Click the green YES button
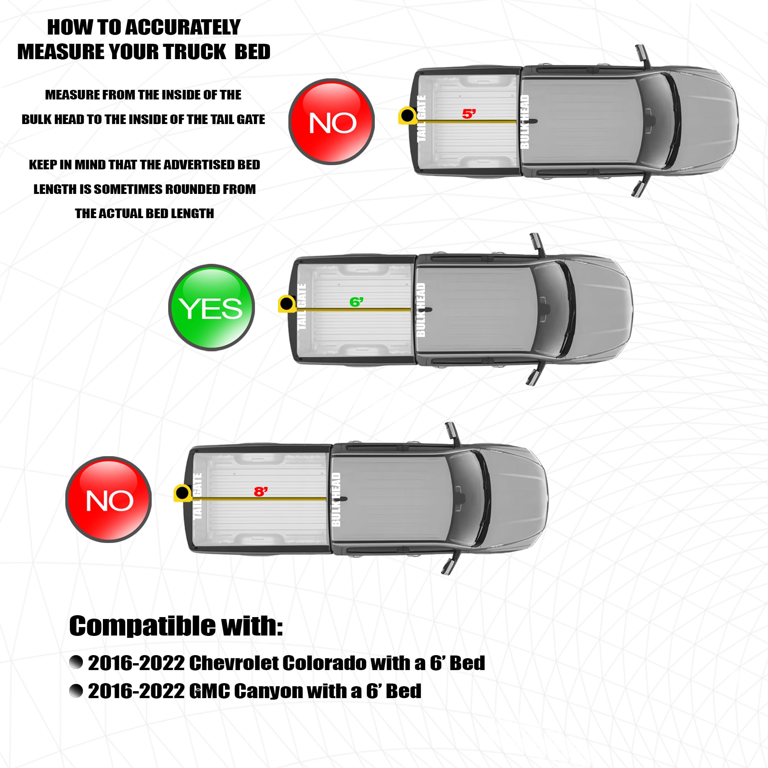click(x=212, y=307)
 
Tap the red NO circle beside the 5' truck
click(x=331, y=122)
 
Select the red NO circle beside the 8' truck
click(x=109, y=499)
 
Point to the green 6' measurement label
click(x=356, y=302)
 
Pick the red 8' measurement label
click(x=261, y=492)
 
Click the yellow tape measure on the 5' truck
click(x=408, y=116)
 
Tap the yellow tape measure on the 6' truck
click(x=287, y=304)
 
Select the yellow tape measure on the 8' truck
click(x=183, y=493)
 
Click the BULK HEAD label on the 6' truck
click(x=420, y=310)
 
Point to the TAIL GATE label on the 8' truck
click(x=197, y=496)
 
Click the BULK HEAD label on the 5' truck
click(x=525, y=122)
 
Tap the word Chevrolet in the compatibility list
click(x=233, y=663)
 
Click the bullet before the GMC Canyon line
click(x=76, y=691)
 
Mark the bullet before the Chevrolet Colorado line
click(x=76, y=662)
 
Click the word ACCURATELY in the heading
click(x=183, y=27)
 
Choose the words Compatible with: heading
click(x=176, y=626)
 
